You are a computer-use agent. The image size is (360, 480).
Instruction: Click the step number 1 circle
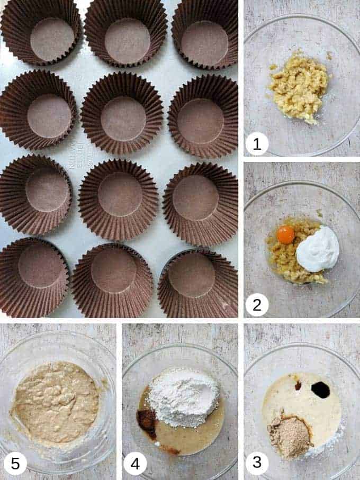click(x=257, y=144)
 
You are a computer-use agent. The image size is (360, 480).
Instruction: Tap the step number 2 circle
click(x=257, y=305)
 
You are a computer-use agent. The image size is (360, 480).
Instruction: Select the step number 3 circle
click(x=257, y=462)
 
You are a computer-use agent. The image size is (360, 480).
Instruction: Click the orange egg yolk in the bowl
click(x=285, y=234)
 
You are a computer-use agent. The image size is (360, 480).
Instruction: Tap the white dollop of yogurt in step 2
click(x=317, y=249)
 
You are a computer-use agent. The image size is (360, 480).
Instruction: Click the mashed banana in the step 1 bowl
click(x=299, y=86)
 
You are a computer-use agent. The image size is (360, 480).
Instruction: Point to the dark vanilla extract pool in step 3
click(x=320, y=390)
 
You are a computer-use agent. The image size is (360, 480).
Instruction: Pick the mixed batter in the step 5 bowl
click(x=55, y=402)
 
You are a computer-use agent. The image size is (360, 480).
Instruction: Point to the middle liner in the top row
click(x=126, y=38)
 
